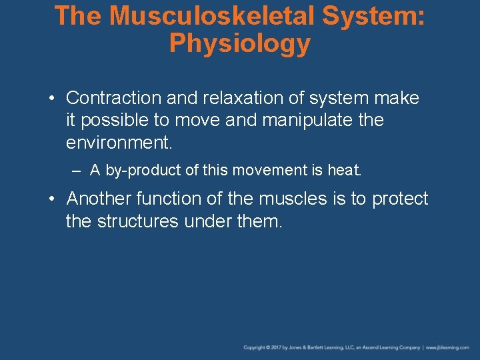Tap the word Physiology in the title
coord(240,43)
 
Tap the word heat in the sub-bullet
coord(344,171)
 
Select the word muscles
coord(294,199)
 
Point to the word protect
coord(400,199)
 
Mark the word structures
coord(137,221)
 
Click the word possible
coord(119,121)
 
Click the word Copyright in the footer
coord(255,348)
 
